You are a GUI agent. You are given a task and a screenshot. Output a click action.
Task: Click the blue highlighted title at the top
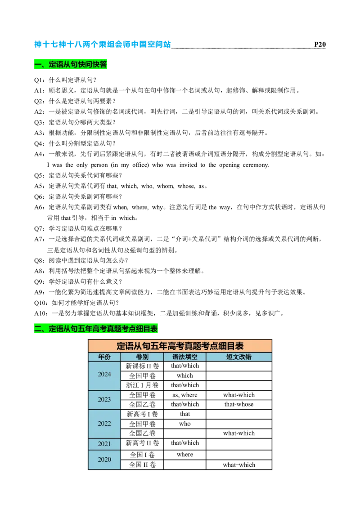[x=103, y=45]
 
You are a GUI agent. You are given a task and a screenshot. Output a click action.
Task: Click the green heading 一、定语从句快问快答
[x=70, y=65]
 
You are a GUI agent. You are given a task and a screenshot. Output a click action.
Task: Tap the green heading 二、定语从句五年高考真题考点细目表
[x=95, y=329]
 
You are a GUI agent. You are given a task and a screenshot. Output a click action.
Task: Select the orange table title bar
[x=180, y=346]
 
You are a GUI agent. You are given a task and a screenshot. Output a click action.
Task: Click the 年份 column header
[x=104, y=357]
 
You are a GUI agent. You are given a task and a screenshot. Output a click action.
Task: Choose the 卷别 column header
[x=142, y=357]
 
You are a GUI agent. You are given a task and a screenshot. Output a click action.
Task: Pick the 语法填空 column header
[x=185, y=357]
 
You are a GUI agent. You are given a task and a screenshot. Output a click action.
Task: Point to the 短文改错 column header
[x=239, y=357]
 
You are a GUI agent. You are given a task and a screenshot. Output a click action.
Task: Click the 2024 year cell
[x=104, y=375]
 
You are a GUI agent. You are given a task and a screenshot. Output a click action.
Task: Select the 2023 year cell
[x=104, y=400]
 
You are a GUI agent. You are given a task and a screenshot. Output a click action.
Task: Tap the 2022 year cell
[x=104, y=424]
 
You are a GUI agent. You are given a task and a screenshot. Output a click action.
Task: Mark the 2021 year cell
[x=104, y=444]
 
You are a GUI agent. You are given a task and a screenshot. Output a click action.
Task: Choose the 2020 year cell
[x=104, y=460]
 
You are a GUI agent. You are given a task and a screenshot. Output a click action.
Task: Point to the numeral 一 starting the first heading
[x=37, y=65]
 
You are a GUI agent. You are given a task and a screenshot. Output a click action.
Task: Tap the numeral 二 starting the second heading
[x=37, y=329]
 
